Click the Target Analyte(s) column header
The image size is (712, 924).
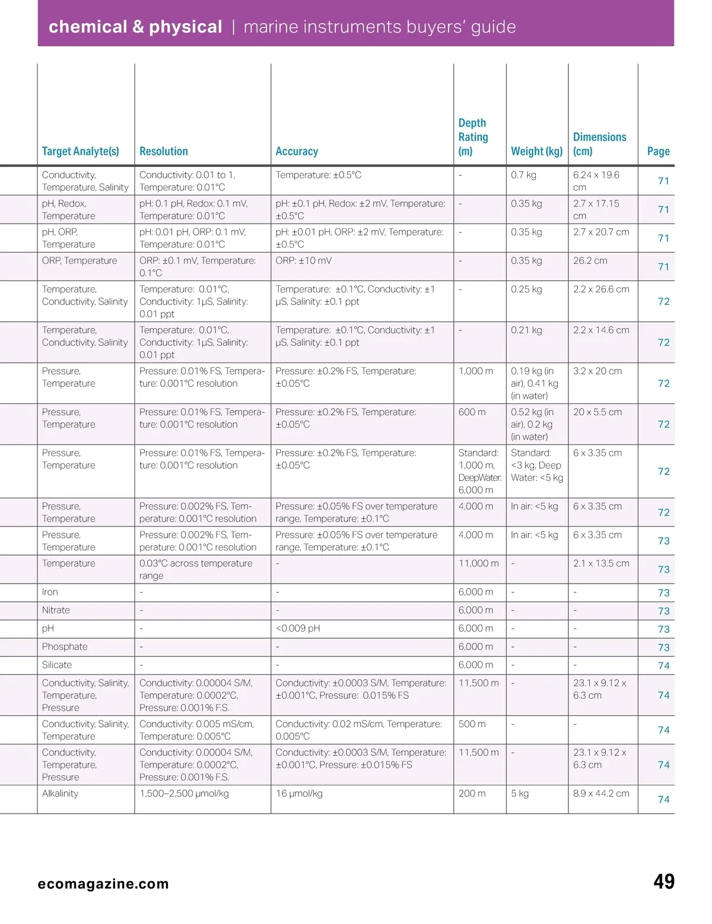click(x=80, y=151)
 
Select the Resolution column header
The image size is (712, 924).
click(x=163, y=151)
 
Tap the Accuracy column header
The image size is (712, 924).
click(x=297, y=151)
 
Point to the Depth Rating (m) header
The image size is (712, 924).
click(x=473, y=137)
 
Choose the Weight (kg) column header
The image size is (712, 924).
click(x=536, y=151)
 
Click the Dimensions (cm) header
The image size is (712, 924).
click(x=599, y=144)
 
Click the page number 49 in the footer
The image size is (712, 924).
click(x=663, y=882)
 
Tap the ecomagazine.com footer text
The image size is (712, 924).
click(x=103, y=884)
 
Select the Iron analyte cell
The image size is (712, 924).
click(x=50, y=592)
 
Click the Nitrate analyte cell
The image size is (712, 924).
click(x=56, y=610)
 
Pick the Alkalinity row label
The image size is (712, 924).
click(x=60, y=794)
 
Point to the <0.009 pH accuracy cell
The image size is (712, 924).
click(x=297, y=628)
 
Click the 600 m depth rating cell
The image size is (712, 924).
click(x=472, y=412)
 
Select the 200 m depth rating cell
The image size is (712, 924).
click(x=472, y=794)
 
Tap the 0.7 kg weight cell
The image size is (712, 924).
click(x=523, y=175)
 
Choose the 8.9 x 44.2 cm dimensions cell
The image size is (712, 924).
click(x=601, y=794)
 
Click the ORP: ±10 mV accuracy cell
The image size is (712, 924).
click(x=303, y=261)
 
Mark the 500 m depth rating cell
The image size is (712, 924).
click(x=472, y=724)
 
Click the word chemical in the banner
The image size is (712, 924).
click(x=87, y=27)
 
